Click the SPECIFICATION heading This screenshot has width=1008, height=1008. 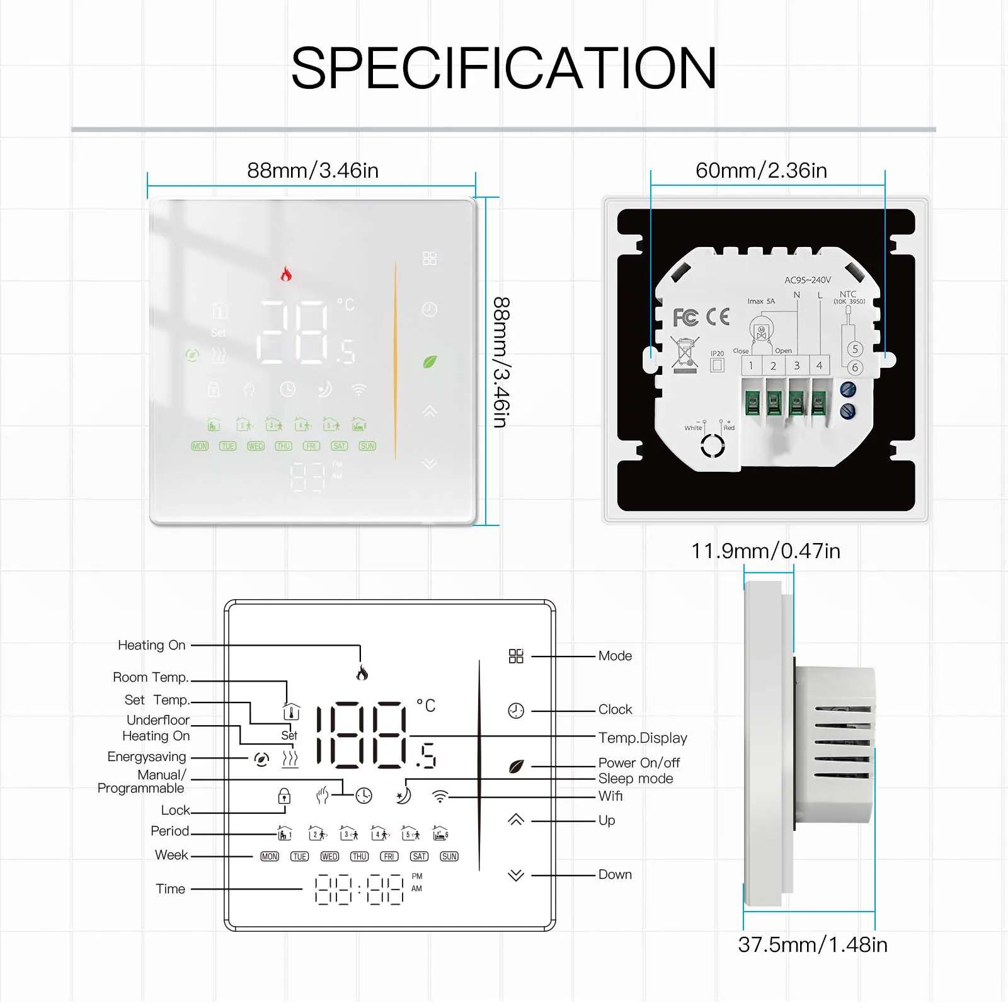click(x=503, y=68)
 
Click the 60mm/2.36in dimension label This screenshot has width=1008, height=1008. click(x=761, y=171)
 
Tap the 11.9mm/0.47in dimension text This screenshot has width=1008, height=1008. click(x=765, y=551)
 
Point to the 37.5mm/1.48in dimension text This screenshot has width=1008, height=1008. click(x=813, y=945)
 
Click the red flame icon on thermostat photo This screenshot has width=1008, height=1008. click(x=286, y=274)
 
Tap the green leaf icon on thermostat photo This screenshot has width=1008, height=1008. click(x=430, y=362)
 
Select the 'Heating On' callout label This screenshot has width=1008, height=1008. click(x=152, y=645)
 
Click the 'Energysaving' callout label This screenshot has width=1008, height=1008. click(x=147, y=757)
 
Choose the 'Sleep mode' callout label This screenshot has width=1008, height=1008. click(x=635, y=779)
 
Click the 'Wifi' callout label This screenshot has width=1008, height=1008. click(x=610, y=796)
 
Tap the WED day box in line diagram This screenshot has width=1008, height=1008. click(x=329, y=857)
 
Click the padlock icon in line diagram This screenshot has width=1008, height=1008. click(x=284, y=796)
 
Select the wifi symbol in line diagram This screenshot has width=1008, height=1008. click(x=440, y=797)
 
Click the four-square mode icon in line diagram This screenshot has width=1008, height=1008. click(x=516, y=656)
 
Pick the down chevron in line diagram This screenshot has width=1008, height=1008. click(x=516, y=875)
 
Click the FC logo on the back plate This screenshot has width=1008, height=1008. click(x=685, y=318)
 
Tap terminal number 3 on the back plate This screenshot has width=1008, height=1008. click(x=796, y=365)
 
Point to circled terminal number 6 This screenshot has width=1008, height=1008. click(x=855, y=368)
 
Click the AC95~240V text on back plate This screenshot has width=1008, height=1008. click(x=807, y=280)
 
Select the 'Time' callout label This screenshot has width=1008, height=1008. click(x=171, y=889)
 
